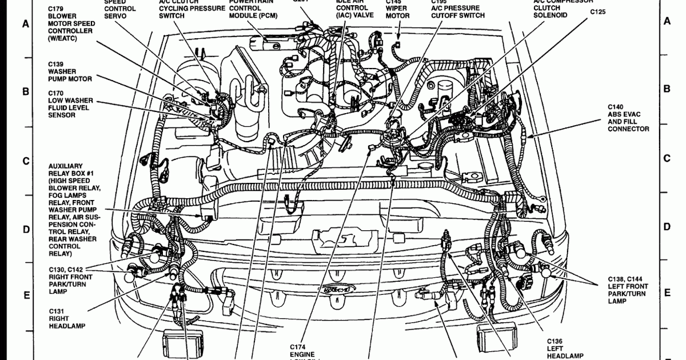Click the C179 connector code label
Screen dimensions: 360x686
click(x=56, y=9)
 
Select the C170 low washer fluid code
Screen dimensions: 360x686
click(x=56, y=93)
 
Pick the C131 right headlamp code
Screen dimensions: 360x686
click(x=56, y=311)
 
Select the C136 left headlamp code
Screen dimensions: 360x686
click(x=554, y=341)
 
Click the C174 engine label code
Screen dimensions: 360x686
click(x=298, y=347)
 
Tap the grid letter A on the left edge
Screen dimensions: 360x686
click(x=25, y=24)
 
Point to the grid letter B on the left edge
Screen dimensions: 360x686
click(x=25, y=91)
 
